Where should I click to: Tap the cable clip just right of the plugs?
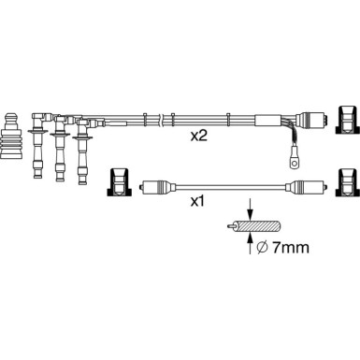[146, 120]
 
